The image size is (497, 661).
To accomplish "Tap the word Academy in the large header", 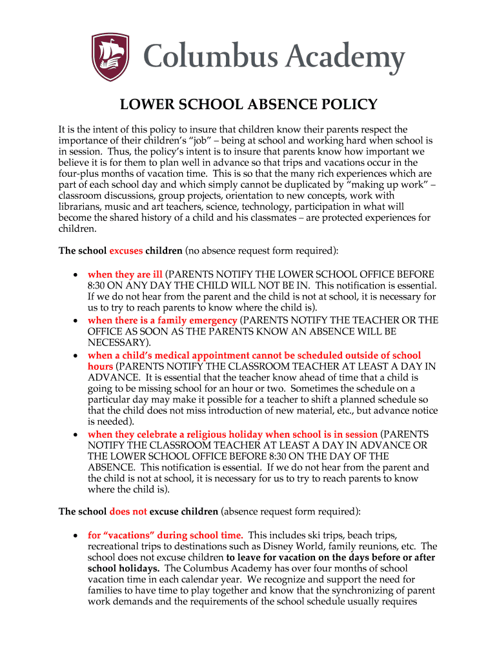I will (x=346, y=57).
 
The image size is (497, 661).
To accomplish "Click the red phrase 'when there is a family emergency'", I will (x=162, y=320).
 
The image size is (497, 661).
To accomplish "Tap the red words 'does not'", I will (x=128, y=511).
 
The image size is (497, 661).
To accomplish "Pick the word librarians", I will (x=81, y=207).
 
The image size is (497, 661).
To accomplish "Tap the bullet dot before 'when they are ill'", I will (x=76, y=275).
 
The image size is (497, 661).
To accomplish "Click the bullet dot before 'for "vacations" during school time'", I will (x=76, y=536).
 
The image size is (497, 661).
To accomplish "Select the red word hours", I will (x=100, y=366).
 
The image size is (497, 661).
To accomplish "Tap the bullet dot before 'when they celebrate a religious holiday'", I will (x=76, y=434).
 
